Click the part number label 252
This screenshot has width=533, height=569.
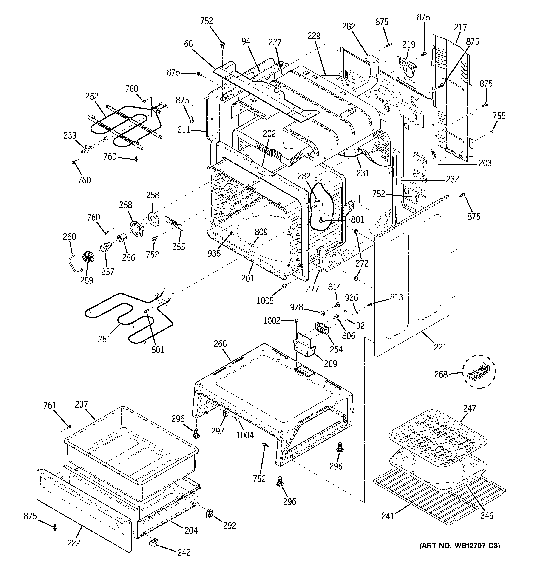coord(91,96)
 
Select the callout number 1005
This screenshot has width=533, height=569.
coord(265,300)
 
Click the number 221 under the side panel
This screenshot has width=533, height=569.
coord(440,347)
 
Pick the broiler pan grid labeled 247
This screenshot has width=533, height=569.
coord(438,435)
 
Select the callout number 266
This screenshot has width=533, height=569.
coord(220,343)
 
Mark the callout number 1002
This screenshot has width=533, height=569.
coord(272,321)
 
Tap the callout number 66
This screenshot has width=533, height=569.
coord(188,44)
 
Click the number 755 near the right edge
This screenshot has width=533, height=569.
coord(499,116)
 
